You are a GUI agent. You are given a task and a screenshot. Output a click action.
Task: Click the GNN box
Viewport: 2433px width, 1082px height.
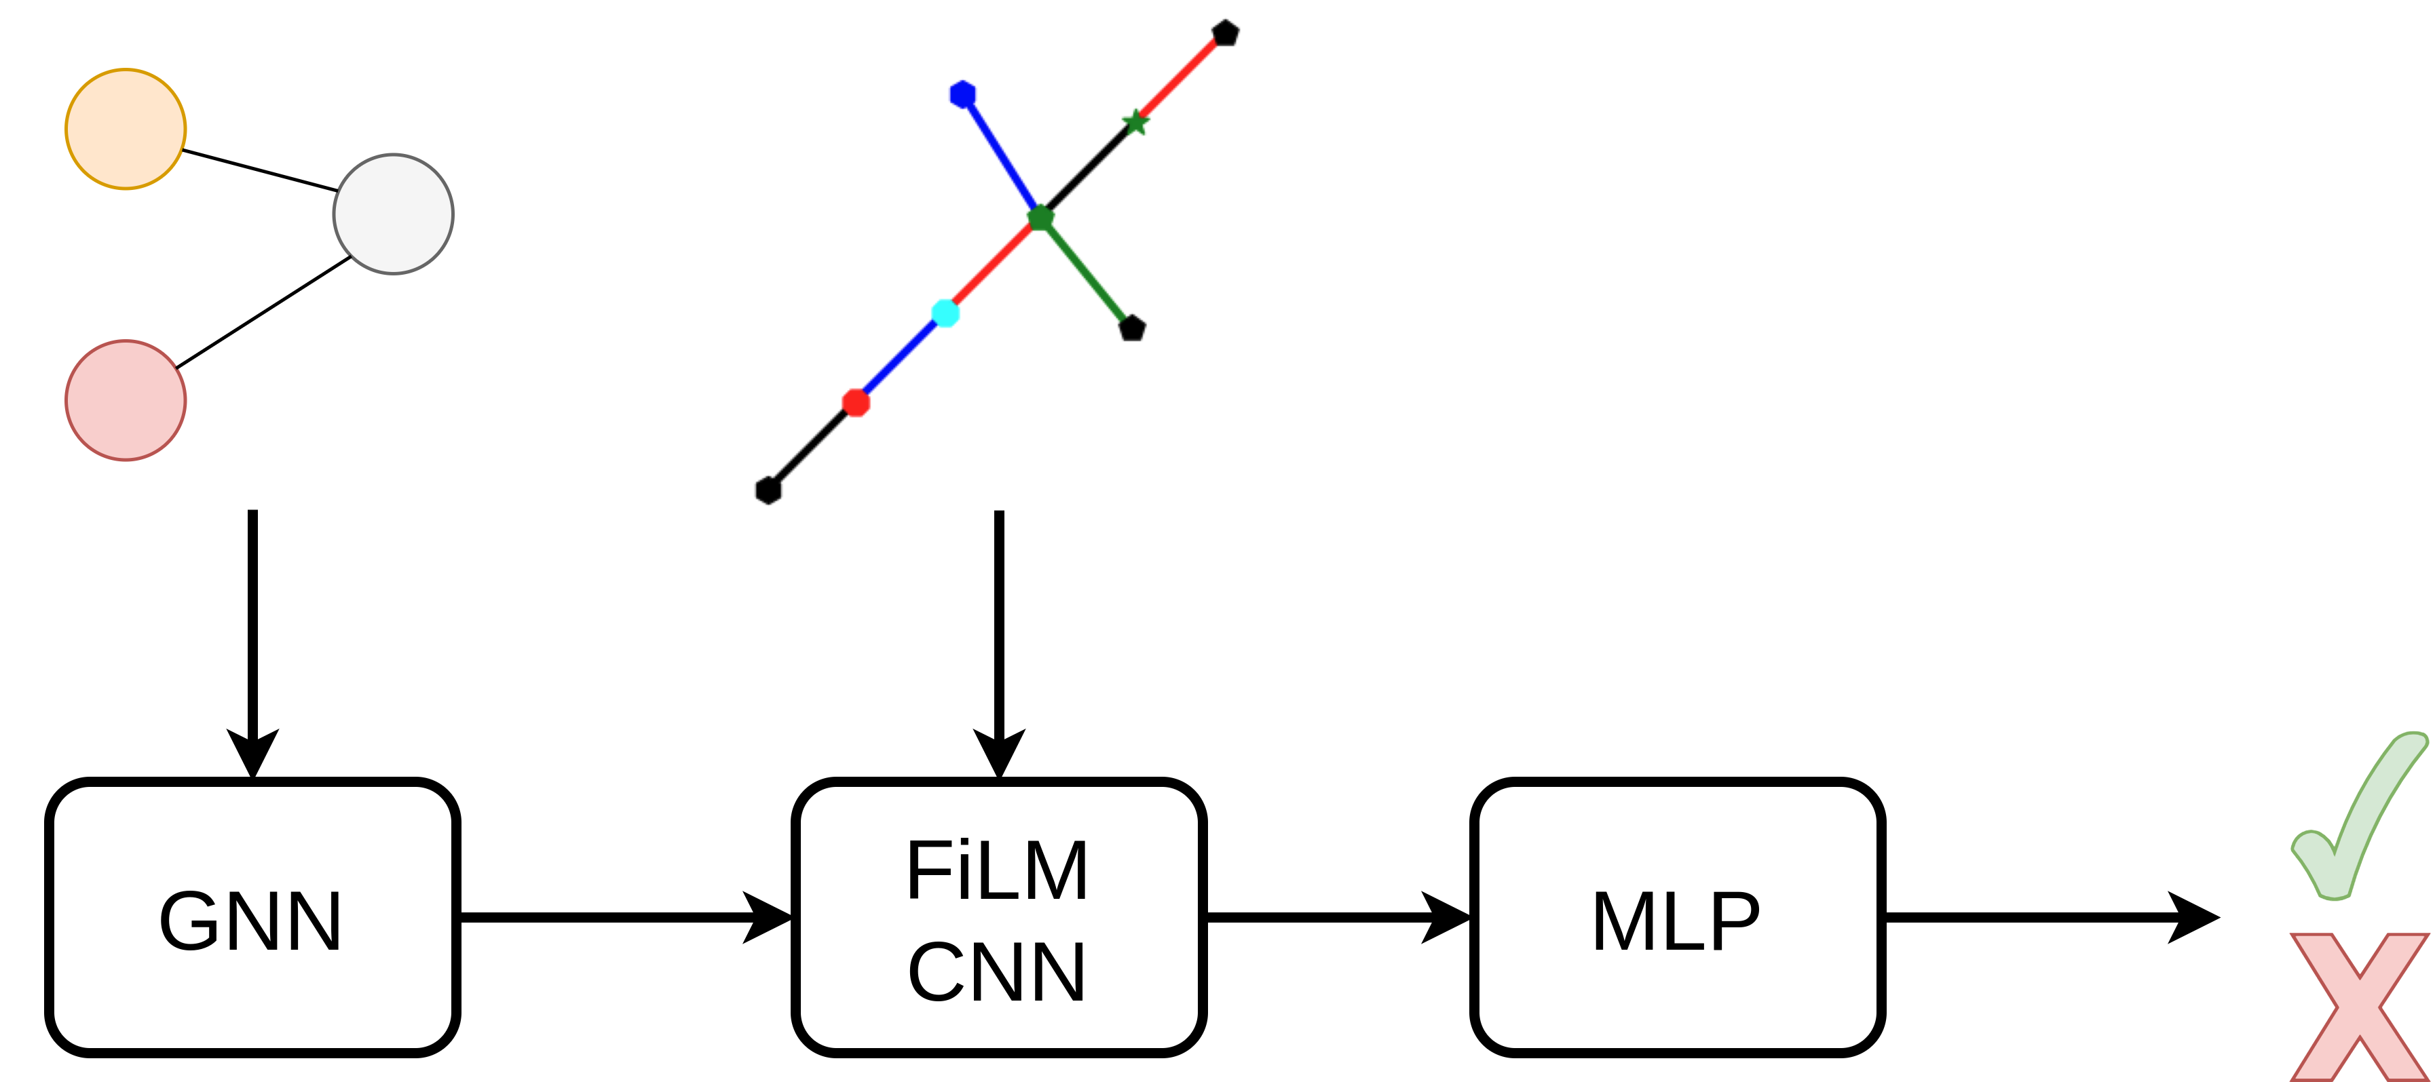252,916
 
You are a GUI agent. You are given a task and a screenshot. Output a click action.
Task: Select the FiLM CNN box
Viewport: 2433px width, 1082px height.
998,916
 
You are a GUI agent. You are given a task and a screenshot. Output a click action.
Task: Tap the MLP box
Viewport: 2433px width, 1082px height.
1676,916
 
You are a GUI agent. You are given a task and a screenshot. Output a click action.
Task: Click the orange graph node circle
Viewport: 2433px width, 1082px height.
126,130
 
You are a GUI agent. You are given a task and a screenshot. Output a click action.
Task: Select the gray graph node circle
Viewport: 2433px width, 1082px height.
393,214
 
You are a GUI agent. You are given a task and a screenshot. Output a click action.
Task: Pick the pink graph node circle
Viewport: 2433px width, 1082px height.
126,400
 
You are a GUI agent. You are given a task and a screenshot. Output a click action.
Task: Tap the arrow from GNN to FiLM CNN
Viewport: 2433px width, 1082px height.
624,916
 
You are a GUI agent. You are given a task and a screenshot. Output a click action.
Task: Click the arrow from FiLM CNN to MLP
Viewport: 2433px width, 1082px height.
1336,916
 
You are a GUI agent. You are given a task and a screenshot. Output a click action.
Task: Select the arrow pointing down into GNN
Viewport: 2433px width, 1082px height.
252,642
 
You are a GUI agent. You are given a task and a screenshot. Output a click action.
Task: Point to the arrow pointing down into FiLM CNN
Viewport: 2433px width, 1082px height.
999,642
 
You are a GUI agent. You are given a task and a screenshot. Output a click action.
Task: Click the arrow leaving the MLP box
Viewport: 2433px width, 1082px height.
2050,916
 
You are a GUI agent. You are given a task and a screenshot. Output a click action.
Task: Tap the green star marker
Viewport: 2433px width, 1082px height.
1135,123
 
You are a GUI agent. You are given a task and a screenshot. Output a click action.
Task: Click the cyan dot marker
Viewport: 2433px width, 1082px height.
945,313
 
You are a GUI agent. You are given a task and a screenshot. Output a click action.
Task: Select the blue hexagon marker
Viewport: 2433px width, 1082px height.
962,94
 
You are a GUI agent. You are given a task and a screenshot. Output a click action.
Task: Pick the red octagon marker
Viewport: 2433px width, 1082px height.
856,402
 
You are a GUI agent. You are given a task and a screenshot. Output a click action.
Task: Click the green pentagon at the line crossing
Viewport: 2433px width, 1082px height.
1040,218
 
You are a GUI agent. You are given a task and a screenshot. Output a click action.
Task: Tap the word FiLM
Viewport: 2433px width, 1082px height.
998,870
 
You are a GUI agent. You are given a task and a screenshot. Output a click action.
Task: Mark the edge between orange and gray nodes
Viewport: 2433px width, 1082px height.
260,170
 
